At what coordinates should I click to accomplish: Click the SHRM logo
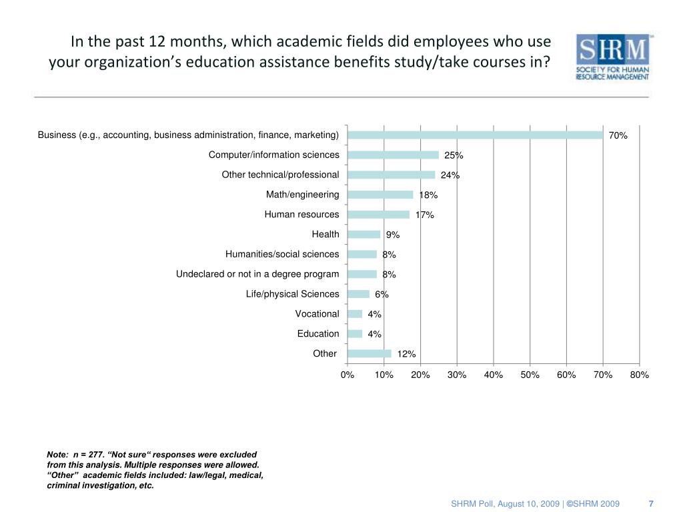612,57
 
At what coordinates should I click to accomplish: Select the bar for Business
475,135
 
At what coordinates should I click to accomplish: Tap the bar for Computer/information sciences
393,155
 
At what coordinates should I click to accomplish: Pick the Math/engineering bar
380,195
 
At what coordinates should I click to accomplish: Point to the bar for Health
364,234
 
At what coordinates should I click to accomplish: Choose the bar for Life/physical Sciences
358,294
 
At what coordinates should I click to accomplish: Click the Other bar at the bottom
369,353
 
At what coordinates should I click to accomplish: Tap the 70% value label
618,135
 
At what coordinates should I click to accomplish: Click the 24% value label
450,175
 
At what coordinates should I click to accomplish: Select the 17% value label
425,215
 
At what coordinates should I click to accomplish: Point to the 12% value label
407,354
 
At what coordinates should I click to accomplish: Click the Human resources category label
301,214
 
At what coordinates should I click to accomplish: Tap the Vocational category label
317,313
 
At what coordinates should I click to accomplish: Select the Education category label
318,333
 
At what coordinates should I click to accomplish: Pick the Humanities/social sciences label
282,254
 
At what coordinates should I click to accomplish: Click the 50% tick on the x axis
530,375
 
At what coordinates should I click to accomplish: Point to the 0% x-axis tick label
348,375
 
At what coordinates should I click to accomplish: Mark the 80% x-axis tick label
639,375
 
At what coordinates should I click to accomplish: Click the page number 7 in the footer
651,503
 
